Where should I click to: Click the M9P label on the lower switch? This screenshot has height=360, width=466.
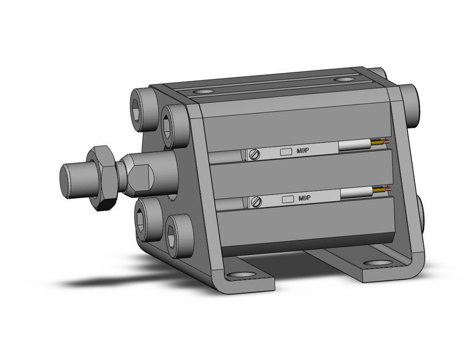pyautogui.click(x=304, y=199)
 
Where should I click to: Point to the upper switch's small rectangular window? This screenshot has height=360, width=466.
pyautogui.click(x=285, y=152)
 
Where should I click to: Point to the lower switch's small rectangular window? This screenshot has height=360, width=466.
pyautogui.click(x=285, y=199)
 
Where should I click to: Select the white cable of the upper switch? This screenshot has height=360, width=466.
pyautogui.click(x=356, y=145)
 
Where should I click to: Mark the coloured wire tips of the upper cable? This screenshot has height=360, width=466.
pyautogui.click(x=383, y=142)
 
